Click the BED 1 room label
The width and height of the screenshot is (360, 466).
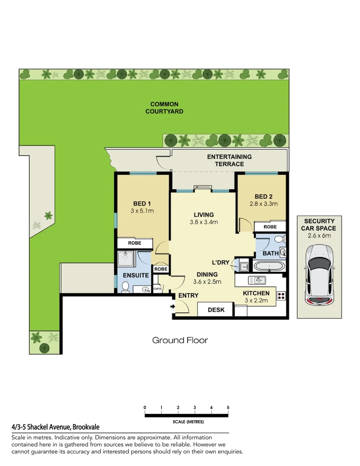(142, 204)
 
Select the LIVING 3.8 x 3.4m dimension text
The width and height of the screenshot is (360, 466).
(203, 222)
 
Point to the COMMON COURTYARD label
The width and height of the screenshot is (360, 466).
(164, 108)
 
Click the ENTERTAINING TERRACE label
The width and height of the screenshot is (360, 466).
(229, 160)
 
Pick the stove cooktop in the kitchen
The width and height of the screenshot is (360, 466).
(281, 296)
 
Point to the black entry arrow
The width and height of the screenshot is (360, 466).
(173, 307)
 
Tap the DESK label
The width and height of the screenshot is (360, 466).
(215, 309)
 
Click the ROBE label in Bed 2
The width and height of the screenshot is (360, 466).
(270, 227)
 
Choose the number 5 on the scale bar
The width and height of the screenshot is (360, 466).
(228, 407)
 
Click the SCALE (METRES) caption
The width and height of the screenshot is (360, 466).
(188, 422)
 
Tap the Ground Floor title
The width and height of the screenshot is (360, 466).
(180, 340)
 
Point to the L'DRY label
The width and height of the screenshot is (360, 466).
(220, 263)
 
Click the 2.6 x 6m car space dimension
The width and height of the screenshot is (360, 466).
(319, 235)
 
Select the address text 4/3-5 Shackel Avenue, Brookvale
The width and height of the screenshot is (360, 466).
(56, 427)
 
